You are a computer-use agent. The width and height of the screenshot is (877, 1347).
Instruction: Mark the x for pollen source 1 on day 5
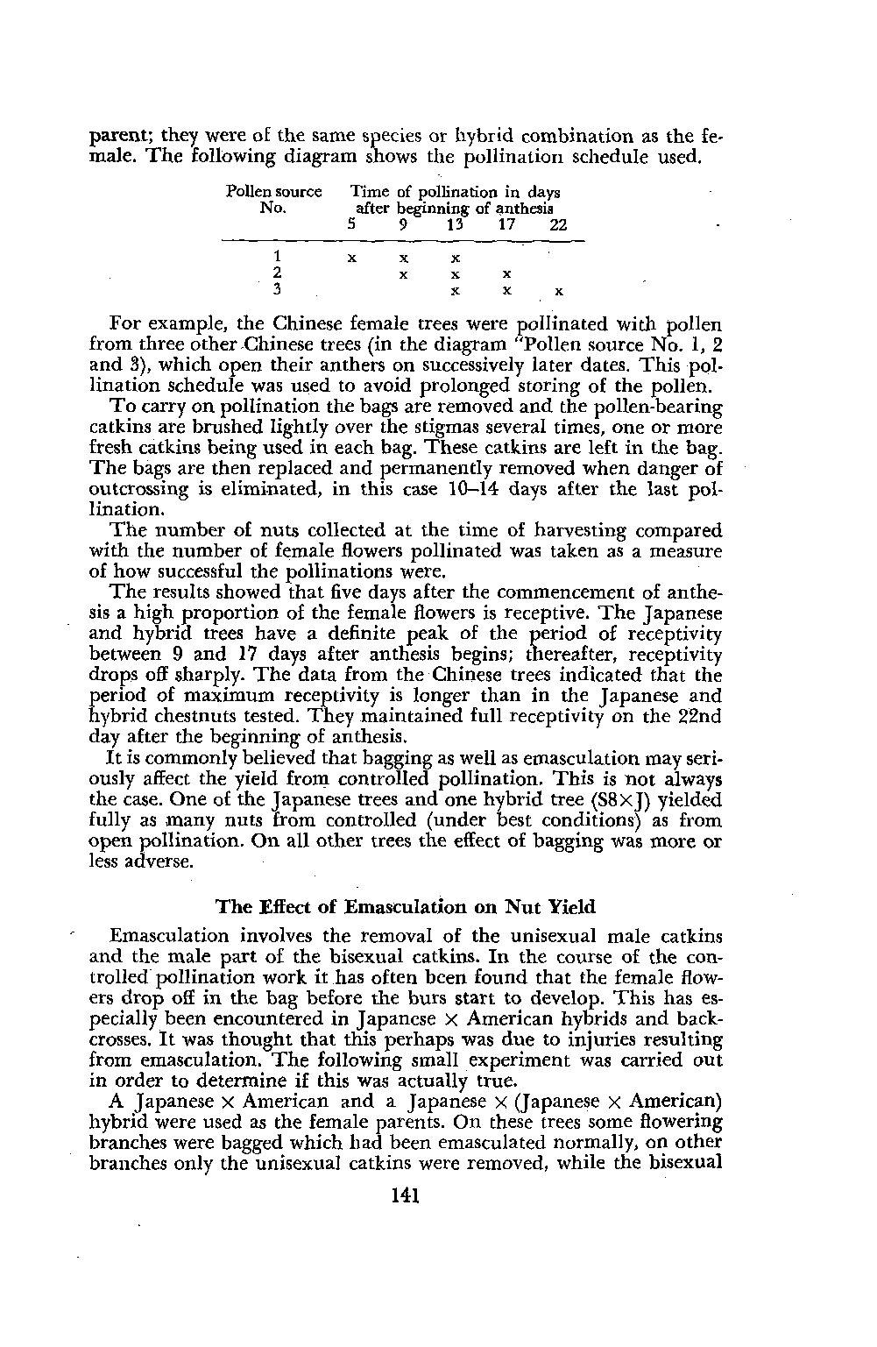click(351, 259)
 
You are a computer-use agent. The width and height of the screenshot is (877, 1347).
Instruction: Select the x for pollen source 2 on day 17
click(507, 275)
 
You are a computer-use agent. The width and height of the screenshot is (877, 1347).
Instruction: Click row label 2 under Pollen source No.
click(277, 274)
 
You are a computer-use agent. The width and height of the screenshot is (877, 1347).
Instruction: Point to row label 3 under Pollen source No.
click(277, 290)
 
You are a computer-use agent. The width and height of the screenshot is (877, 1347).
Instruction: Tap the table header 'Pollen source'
click(273, 192)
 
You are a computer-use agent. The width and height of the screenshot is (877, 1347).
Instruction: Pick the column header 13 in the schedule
click(454, 225)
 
